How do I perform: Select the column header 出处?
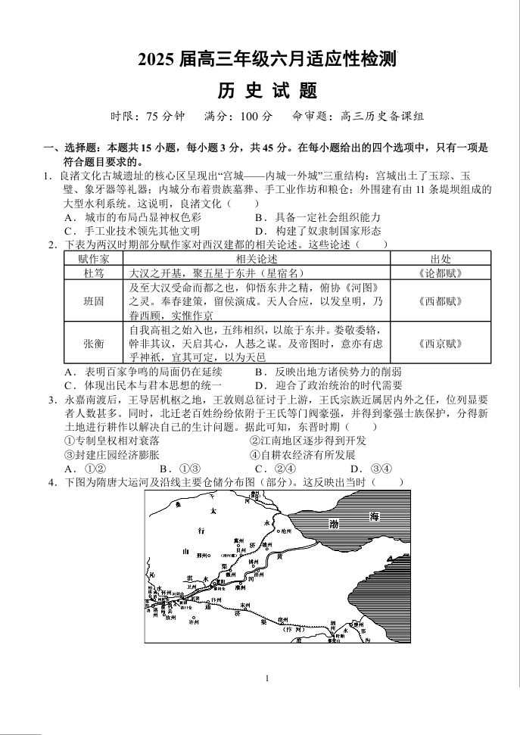point(441,259)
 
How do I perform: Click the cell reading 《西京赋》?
point(441,343)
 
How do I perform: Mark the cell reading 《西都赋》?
point(441,301)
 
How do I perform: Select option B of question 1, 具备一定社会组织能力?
point(318,217)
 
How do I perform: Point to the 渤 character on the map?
point(334,524)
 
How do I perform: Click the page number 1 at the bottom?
point(267,678)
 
